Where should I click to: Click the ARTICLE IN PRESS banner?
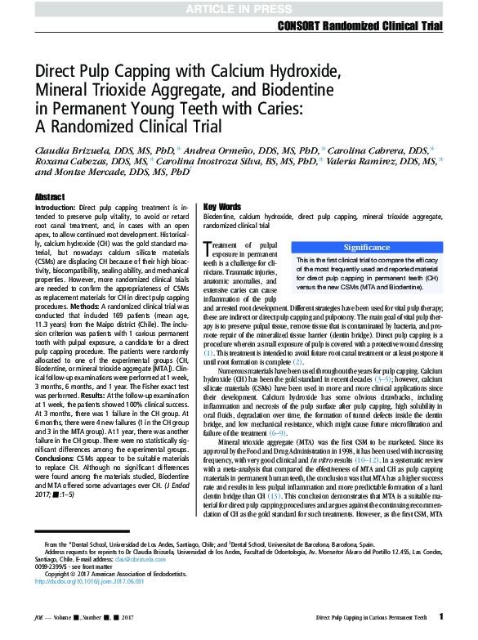(239, 8)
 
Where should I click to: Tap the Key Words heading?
(222, 207)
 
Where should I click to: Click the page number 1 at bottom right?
(441, 616)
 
